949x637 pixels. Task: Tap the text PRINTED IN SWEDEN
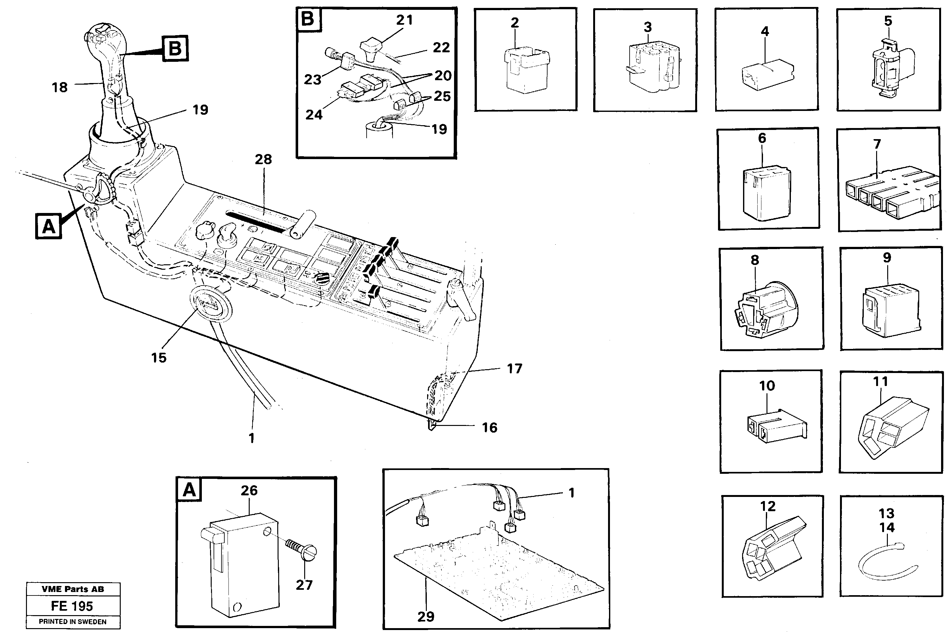point(73,621)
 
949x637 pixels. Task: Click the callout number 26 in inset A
point(249,490)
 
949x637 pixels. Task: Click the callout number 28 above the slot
point(263,159)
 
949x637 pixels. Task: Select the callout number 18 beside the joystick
point(60,87)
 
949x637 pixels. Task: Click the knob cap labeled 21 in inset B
point(371,48)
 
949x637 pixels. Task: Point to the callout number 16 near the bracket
point(489,428)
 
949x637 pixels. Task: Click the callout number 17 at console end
point(514,369)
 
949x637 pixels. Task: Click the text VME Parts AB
point(73,589)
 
